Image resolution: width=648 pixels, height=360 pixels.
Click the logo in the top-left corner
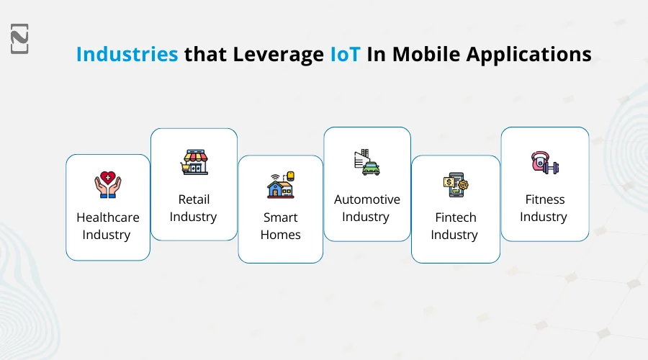pyautogui.click(x=20, y=39)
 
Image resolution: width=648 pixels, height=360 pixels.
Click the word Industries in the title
pyautogui.click(x=127, y=55)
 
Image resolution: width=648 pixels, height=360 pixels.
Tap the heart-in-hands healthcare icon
pyautogui.click(x=107, y=185)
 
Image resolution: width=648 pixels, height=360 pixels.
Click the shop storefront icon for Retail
pyautogui.click(x=194, y=162)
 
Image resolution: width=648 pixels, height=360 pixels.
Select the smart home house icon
pyautogui.click(x=280, y=185)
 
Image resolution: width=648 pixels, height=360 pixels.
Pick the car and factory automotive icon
pyautogui.click(x=366, y=162)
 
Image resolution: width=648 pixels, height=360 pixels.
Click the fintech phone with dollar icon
pyautogui.click(x=455, y=185)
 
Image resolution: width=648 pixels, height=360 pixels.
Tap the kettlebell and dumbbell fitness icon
pyautogui.click(x=544, y=162)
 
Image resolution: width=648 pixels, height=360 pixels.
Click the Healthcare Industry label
pyautogui.click(x=107, y=226)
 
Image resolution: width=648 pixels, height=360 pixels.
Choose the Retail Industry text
pyautogui.click(x=194, y=208)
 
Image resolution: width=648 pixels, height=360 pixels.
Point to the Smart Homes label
pyautogui.click(x=280, y=226)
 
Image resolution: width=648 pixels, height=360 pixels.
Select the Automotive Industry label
pyautogui.click(x=366, y=208)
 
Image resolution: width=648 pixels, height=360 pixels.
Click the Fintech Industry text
pyautogui.click(x=455, y=226)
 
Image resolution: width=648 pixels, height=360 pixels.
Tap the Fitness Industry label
pyautogui.click(x=544, y=208)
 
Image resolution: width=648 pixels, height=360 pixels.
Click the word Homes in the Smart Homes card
pyautogui.click(x=280, y=235)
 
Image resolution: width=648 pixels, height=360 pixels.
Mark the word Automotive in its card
pyautogui.click(x=366, y=199)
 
